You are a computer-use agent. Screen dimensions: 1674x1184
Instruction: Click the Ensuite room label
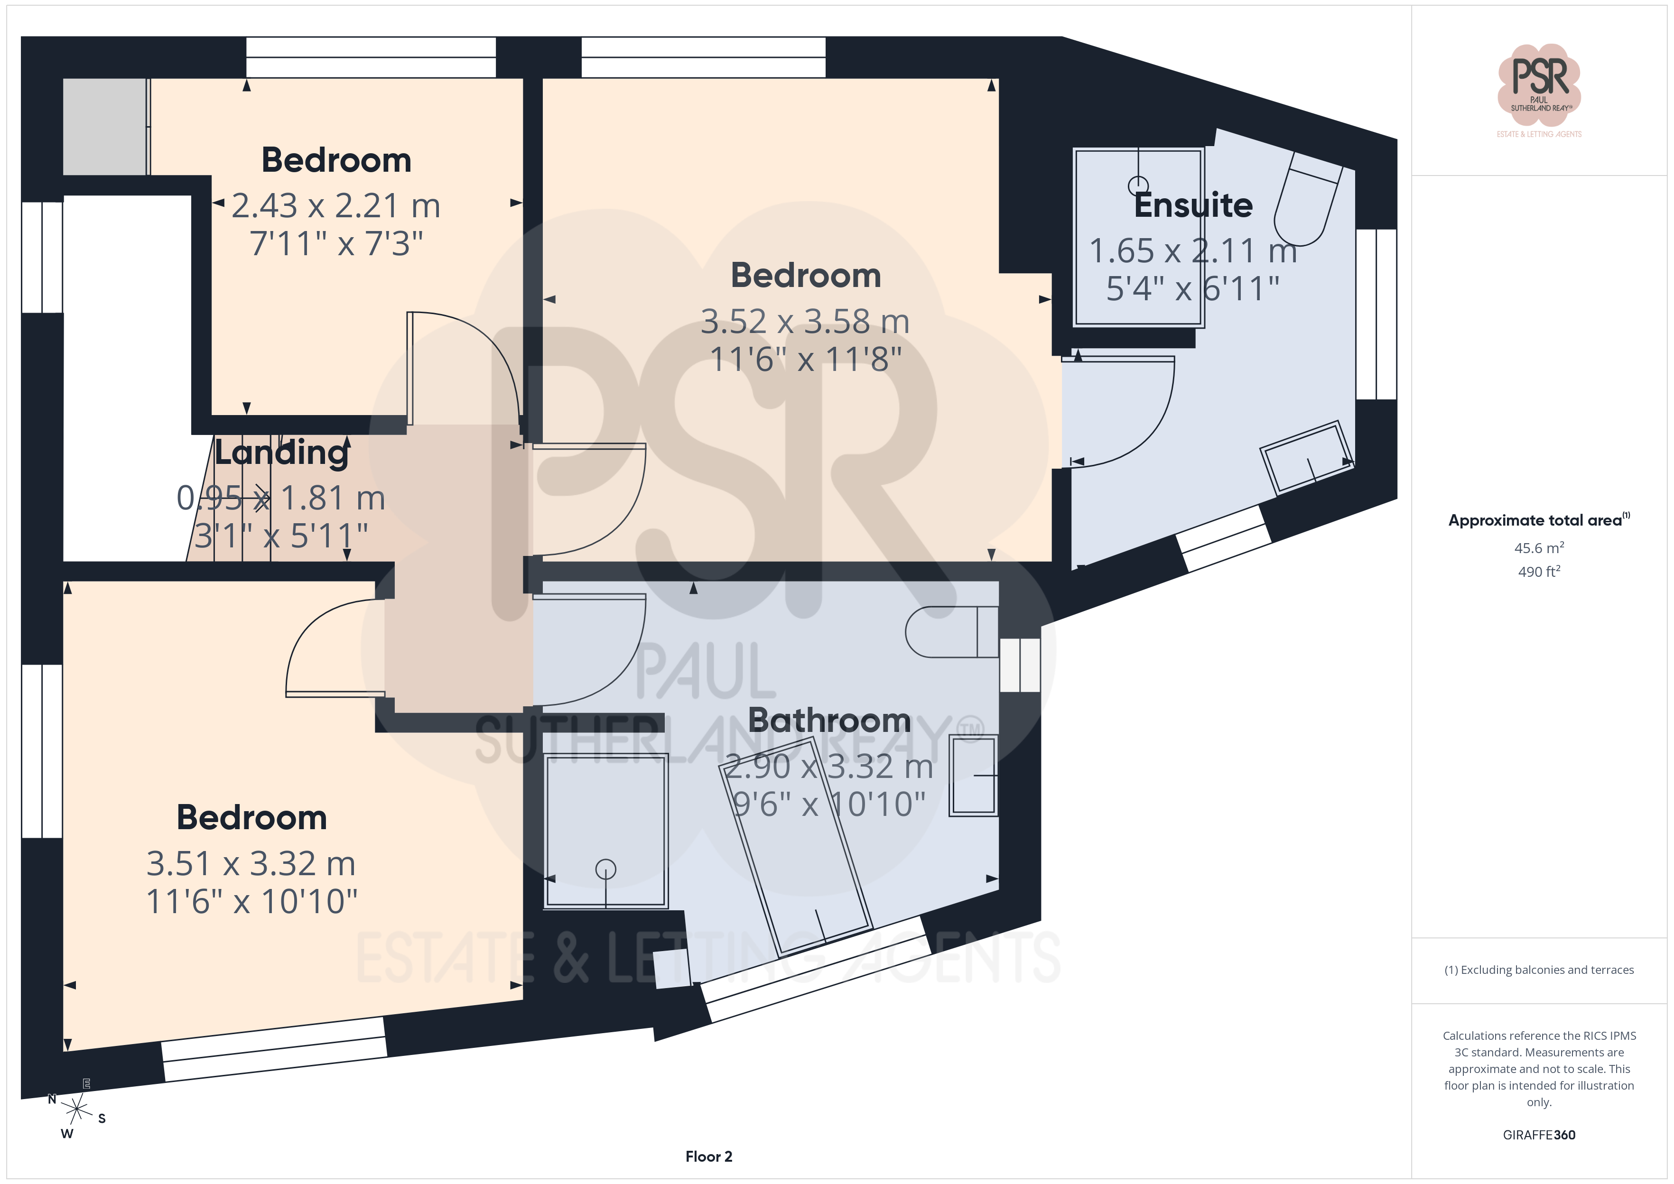pos(1193,205)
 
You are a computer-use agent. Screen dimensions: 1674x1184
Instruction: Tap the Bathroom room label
pos(830,721)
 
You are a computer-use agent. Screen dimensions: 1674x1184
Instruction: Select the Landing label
pos(281,453)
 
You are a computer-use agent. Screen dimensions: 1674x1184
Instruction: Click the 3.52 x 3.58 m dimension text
pos(806,322)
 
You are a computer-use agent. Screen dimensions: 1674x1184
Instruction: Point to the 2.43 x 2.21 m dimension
pos(336,205)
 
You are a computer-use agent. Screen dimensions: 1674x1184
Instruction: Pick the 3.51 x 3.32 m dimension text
pos(251,864)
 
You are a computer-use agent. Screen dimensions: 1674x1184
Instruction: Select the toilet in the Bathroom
pos(951,631)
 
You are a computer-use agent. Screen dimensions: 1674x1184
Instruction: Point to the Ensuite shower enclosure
pos(1138,237)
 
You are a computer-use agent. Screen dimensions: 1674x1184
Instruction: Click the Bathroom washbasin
pos(973,775)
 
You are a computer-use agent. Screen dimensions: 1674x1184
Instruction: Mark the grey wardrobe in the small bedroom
pos(105,127)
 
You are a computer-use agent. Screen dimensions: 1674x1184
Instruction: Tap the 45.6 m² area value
pos(1539,547)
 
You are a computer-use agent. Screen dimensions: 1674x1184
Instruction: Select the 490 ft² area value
pos(1539,572)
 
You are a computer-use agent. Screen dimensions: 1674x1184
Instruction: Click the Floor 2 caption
pos(709,1156)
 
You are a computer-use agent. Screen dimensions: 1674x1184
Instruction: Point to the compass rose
pos(76,1110)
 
